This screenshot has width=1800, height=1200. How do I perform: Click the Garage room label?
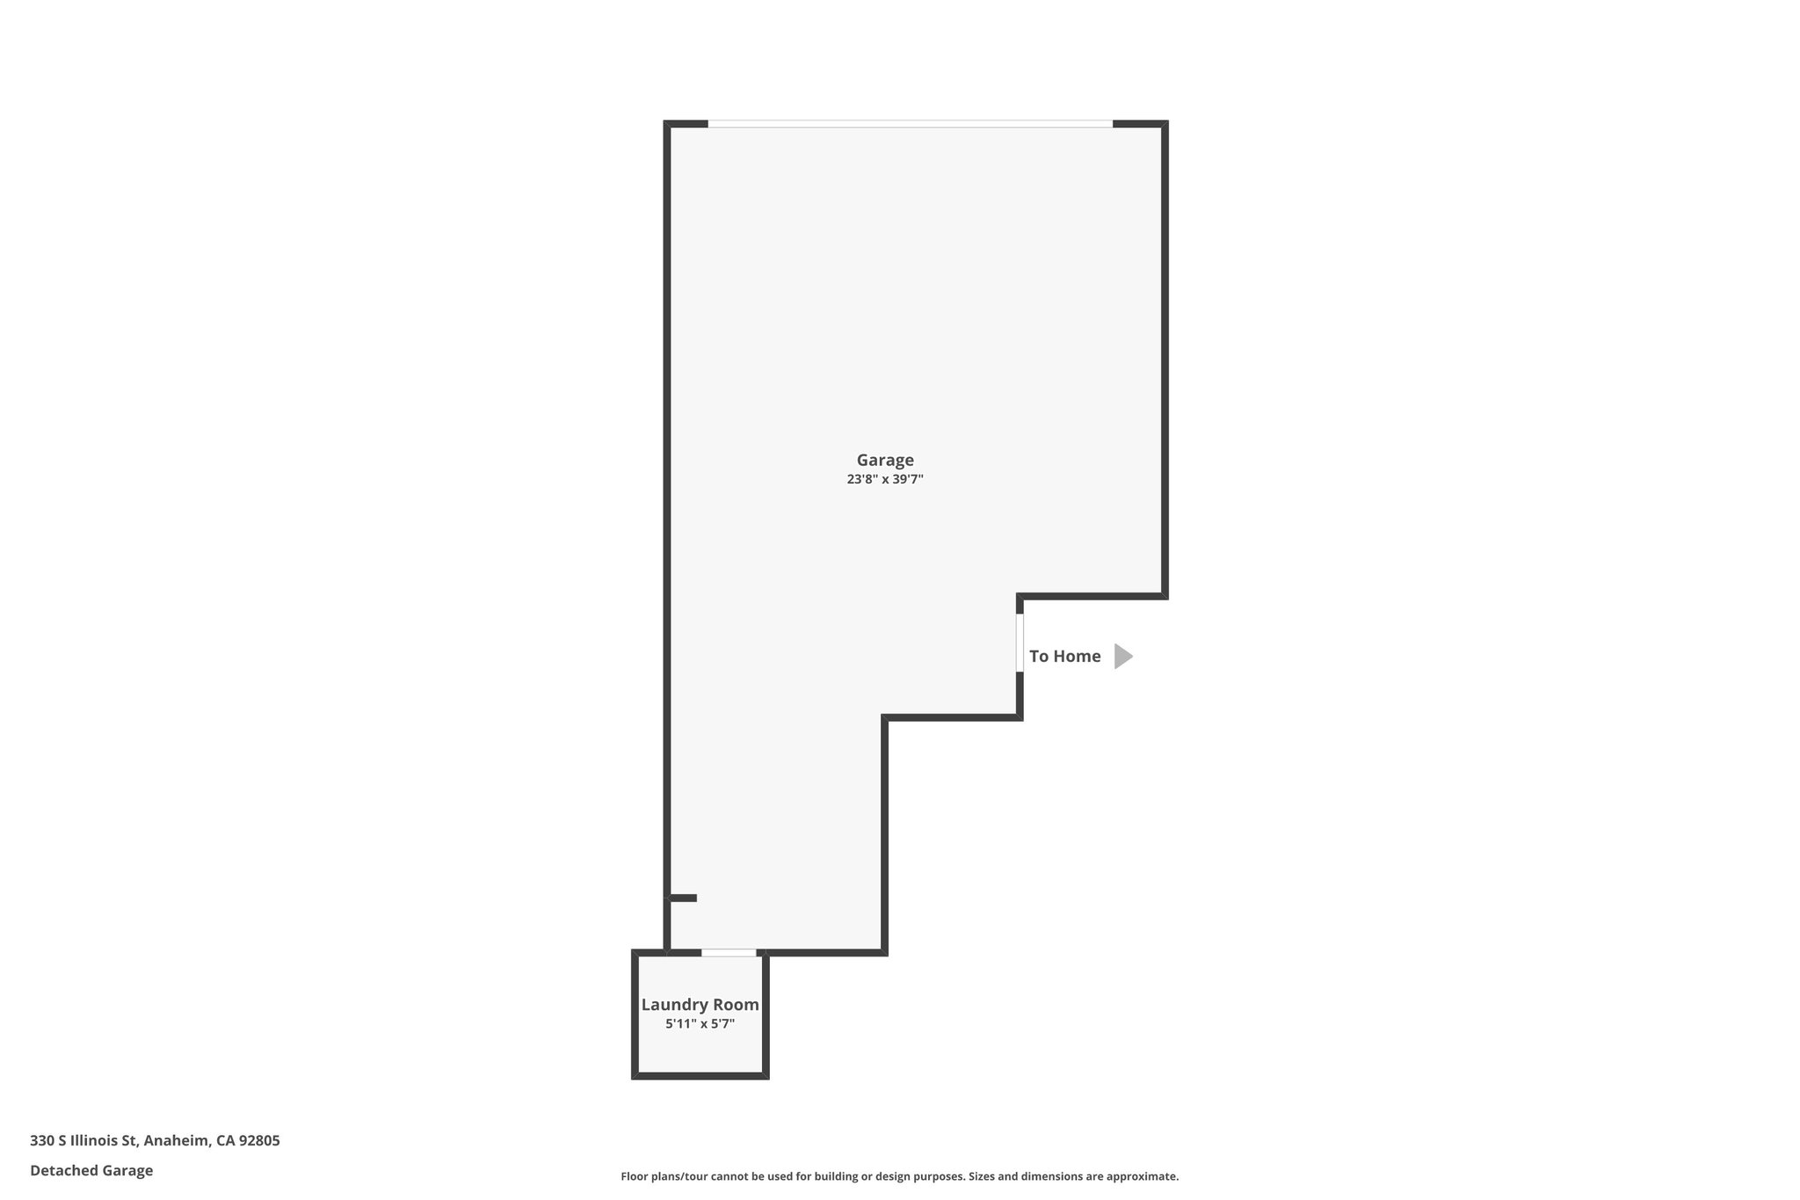(x=885, y=460)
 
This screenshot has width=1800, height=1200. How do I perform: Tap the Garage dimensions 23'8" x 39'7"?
(x=885, y=480)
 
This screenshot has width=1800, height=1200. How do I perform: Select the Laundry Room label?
(x=700, y=1005)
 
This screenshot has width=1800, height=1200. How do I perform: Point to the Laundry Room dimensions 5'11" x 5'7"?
(x=700, y=1024)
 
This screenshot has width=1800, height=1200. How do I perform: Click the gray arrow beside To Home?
(x=1122, y=656)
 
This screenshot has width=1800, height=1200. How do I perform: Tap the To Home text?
(x=1064, y=656)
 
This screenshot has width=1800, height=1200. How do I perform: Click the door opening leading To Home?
(x=1020, y=643)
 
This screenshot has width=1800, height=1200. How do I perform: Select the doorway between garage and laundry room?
(x=729, y=953)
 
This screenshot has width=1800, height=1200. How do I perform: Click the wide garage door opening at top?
(x=910, y=124)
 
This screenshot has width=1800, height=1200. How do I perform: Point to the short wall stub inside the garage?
(x=684, y=898)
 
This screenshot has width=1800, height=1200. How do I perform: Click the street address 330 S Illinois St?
(x=83, y=1141)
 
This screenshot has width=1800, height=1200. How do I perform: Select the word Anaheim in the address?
(x=177, y=1141)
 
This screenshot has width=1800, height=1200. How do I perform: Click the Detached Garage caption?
(x=91, y=1171)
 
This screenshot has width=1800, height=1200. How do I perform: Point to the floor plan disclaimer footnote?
(x=899, y=1176)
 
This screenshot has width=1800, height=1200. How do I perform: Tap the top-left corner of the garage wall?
(x=667, y=124)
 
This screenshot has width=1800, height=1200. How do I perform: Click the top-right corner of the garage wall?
(x=1165, y=124)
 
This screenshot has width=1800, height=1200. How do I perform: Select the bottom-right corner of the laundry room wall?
(x=766, y=1076)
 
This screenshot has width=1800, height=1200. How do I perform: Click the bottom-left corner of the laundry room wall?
(x=635, y=1076)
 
